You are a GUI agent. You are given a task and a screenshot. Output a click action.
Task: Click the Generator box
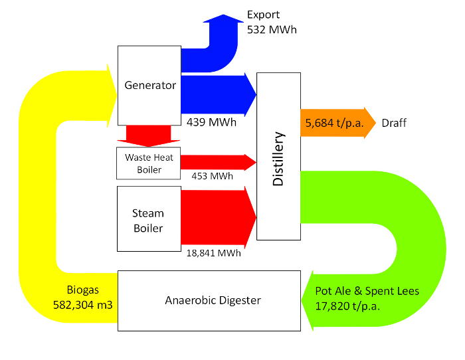(x=149, y=85)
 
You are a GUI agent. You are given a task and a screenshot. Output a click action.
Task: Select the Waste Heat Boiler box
(x=149, y=163)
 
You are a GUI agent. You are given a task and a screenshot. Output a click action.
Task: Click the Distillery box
(x=278, y=157)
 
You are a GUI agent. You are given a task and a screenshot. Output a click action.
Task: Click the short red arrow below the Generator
(x=144, y=135)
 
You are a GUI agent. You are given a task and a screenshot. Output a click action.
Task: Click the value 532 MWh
(x=272, y=29)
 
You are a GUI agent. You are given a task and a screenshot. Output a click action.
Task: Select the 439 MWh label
(x=211, y=122)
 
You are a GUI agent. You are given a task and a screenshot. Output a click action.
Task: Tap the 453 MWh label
(x=212, y=176)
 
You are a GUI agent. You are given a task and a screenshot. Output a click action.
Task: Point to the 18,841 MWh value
(x=213, y=252)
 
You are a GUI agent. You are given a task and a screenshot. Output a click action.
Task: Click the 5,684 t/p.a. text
(x=331, y=123)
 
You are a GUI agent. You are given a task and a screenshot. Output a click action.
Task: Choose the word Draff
(x=394, y=123)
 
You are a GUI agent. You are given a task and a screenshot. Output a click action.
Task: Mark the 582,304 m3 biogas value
(x=82, y=305)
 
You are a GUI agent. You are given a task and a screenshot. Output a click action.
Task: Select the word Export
(x=264, y=15)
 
